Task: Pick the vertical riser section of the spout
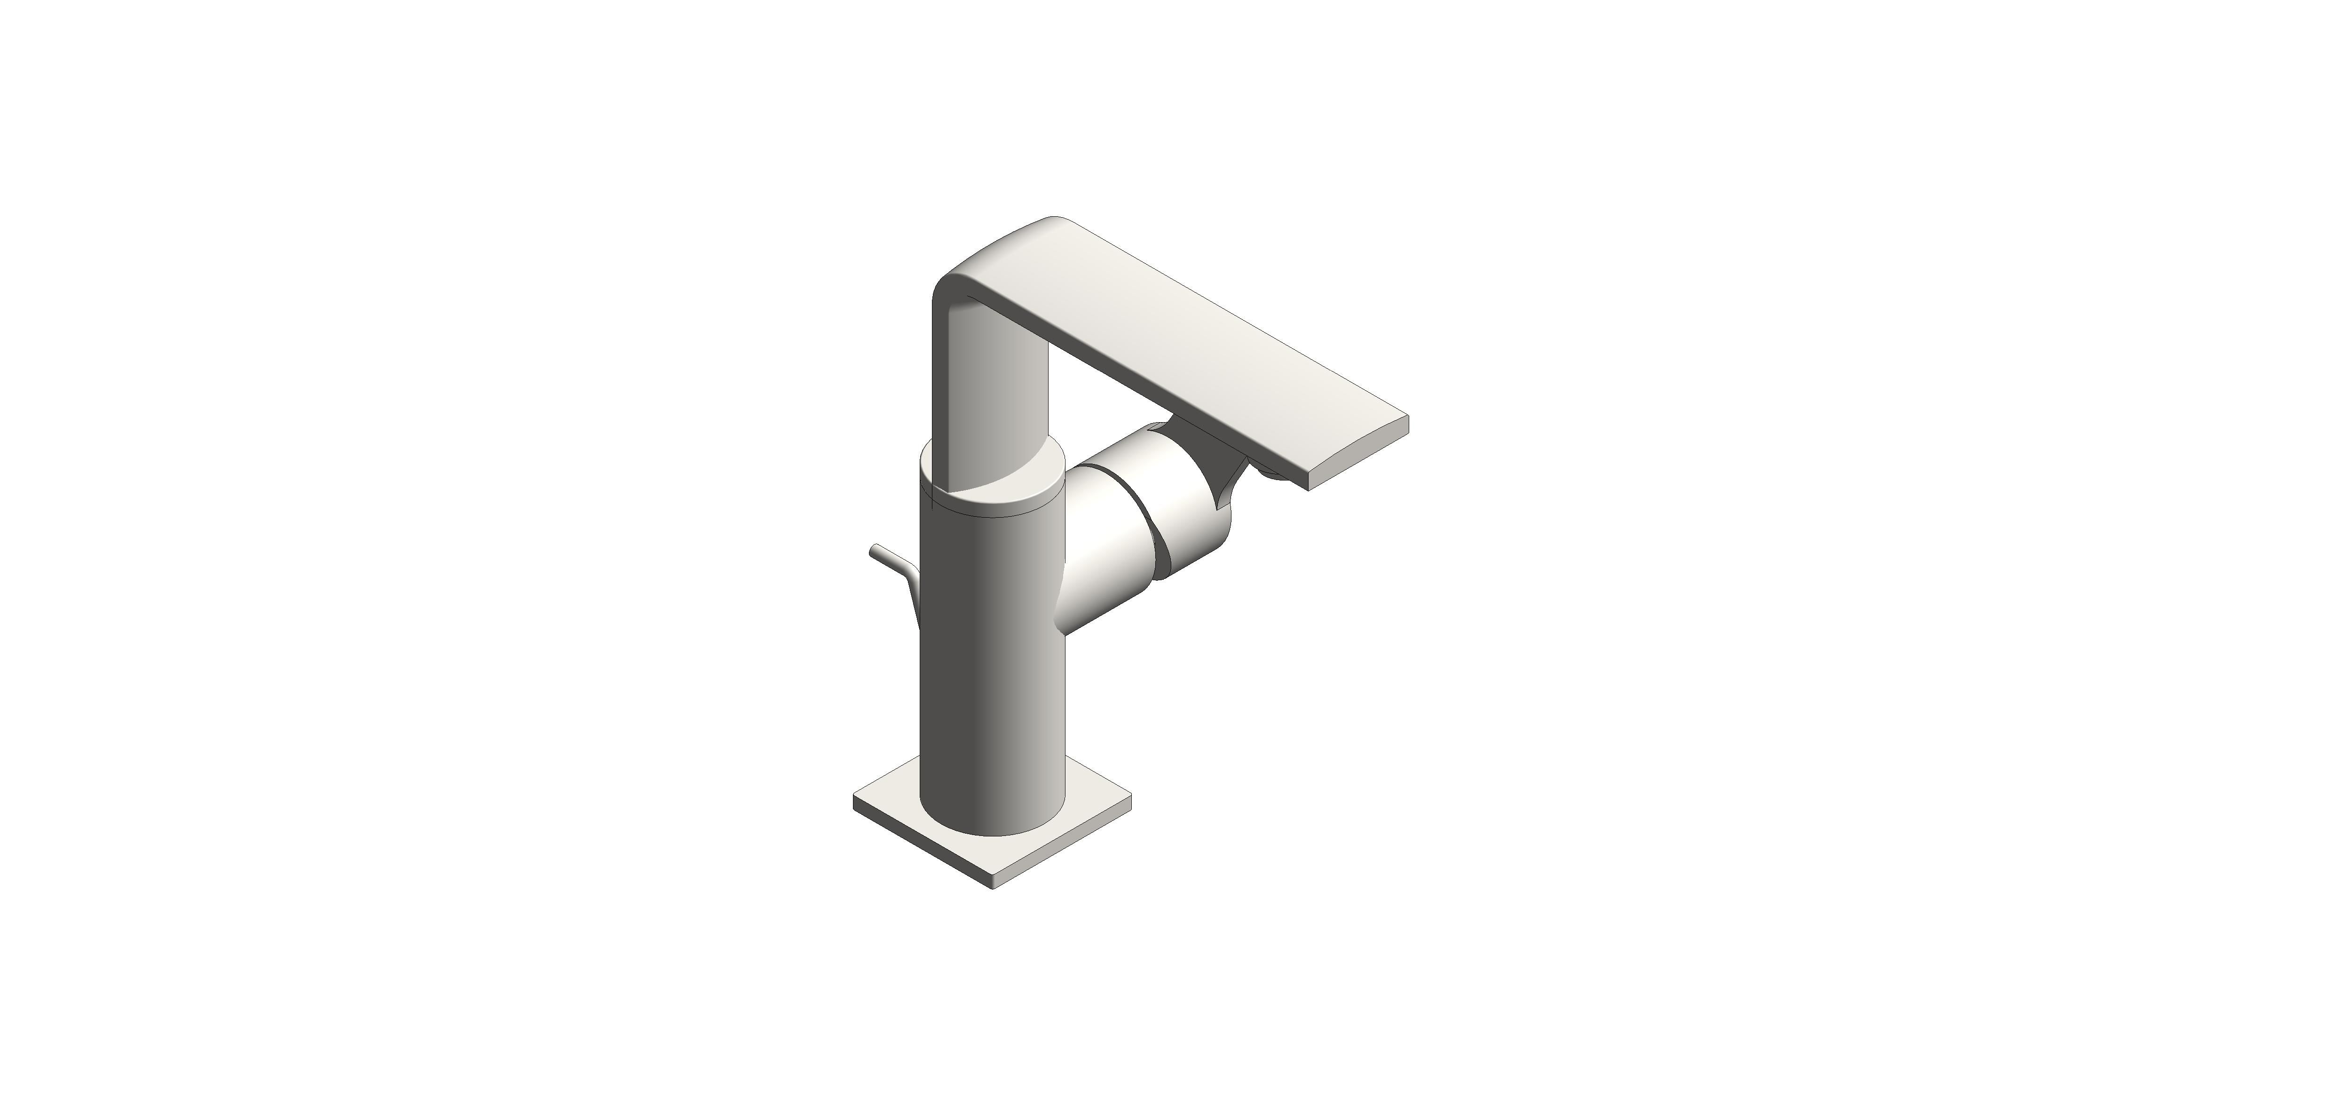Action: click(x=990, y=393)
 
